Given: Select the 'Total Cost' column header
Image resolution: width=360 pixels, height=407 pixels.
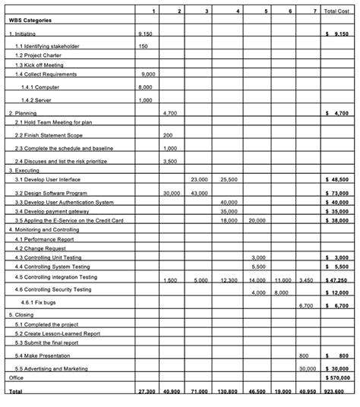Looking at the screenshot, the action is pyautogui.click(x=336, y=11).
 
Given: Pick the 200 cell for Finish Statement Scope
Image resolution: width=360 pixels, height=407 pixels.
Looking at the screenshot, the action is pyautogui.click(x=168, y=135).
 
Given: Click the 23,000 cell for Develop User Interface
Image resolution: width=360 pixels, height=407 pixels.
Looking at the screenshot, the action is pyautogui.click(x=200, y=180).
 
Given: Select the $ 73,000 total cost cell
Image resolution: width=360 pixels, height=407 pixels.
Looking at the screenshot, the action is pyautogui.click(x=336, y=194).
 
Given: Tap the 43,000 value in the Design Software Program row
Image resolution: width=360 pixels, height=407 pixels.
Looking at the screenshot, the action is pyautogui.click(x=200, y=194).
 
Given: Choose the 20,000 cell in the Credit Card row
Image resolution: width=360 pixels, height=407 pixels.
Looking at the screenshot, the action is pyautogui.click(x=257, y=220).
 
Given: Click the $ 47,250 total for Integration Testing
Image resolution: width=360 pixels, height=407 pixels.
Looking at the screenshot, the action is pyautogui.click(x=336, y=280).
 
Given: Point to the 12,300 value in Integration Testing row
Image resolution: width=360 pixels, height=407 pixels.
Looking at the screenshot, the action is pyautogui.click(x=229, y=280).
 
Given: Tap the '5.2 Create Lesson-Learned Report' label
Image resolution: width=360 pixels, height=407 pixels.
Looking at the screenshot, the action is pyautogui.click(x=57, y=333).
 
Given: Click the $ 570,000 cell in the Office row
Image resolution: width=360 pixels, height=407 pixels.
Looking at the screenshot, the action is pyautogui.click(x=336, y=377).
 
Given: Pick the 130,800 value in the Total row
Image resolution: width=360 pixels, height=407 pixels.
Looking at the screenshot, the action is pyautogui.click(x=228, y=391).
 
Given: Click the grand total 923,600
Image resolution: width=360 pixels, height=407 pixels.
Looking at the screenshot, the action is pyautogui.click(x=335, y=391).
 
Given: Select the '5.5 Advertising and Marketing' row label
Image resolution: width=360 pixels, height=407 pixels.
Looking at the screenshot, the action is pyautogui.click(x=51, y=368).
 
